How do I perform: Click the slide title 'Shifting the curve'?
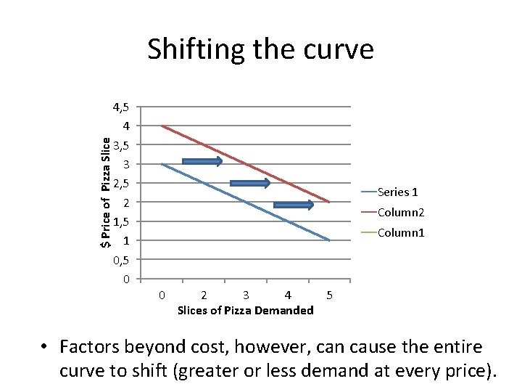260,50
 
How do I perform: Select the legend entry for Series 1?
398,192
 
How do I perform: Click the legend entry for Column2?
400,212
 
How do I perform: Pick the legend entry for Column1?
400,232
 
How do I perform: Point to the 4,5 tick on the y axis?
121,107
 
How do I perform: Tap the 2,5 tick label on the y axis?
121,181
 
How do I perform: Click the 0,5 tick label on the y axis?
121,259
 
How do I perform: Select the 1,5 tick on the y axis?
121,221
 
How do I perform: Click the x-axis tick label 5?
330,295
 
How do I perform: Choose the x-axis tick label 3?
246,295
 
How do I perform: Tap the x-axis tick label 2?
204,295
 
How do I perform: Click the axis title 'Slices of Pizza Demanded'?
245,311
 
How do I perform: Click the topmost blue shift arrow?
202,161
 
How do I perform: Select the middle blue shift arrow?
249,183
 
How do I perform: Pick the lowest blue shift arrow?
294,205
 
